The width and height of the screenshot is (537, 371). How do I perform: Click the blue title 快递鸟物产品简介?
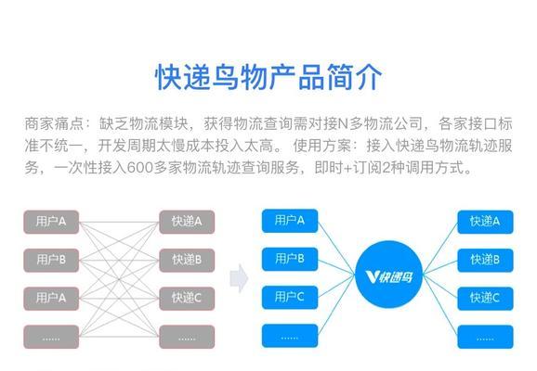coord(268,77)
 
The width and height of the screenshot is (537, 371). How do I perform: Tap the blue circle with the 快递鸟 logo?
coord(388,275)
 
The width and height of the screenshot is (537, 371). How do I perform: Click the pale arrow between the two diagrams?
coord(239,278)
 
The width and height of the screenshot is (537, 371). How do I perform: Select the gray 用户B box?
coord(51,261)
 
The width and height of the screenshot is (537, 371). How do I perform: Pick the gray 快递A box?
coord(187,222)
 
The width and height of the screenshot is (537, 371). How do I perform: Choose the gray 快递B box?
coord(187,261)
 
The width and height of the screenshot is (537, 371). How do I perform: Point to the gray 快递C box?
coord(187,299)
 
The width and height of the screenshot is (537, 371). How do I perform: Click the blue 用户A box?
coord(290,221)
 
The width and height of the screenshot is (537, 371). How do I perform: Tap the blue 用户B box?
coord(290,259)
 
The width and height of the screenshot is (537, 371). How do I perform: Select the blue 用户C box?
coord(290,297)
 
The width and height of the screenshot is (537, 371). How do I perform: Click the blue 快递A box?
coord(485,222)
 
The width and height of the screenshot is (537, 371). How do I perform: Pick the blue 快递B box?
coord(485,261)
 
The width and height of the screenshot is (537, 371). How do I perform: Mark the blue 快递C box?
coord(485,299)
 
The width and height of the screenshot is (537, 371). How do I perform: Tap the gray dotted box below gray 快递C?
coord(187,337)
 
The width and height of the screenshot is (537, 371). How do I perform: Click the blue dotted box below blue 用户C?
coord(290,336)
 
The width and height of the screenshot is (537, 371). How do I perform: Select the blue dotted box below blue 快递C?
coord(485,337)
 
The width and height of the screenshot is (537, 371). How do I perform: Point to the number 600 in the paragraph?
coord(139,168)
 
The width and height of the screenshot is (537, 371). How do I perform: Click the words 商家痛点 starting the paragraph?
coord(54,123)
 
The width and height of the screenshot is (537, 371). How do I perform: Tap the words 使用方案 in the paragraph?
coord(322,146)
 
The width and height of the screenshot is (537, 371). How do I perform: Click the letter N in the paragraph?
coord(343,123)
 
